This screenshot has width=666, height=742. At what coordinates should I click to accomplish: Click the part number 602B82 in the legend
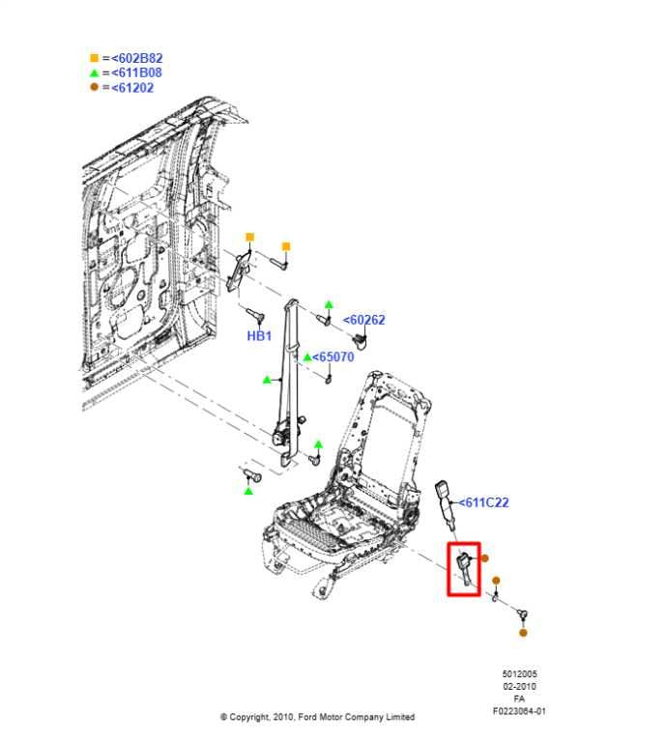[137, 58]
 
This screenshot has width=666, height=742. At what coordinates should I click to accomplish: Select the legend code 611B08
[137, 72]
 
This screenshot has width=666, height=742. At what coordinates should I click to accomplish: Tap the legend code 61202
[132, 88]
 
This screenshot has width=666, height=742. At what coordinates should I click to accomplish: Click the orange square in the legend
[94, 58]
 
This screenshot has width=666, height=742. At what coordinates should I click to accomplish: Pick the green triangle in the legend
[94, 72]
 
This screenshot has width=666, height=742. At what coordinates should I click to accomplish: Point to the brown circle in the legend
[94, 87]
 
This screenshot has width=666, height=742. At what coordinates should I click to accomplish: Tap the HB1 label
[259, 336]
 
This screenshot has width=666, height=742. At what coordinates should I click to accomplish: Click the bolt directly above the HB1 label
[254, 314]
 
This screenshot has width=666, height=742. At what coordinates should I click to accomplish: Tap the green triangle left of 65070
[307, 357]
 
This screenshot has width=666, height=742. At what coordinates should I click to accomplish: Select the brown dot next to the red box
[484, 558]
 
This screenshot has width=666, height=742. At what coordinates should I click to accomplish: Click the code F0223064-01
[519, 711]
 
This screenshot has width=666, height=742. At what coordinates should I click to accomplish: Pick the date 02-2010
[519, 686]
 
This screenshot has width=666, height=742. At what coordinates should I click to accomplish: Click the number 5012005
[519, 673]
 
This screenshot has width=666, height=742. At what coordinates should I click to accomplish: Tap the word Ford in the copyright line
[307, 717]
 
